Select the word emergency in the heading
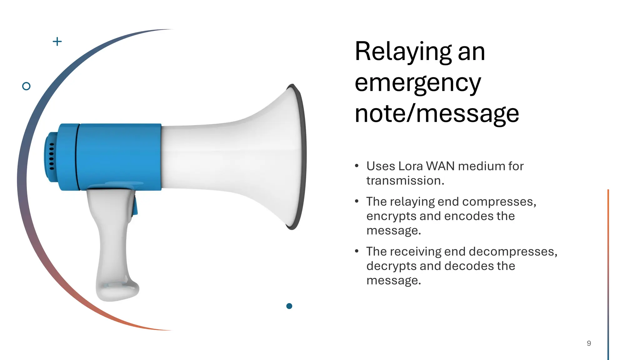(x=418, y=83)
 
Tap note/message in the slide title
(x=437, y=113)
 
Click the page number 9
(x=589, y=343)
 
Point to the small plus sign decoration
(x=57, y=41)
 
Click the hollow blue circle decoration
(x=26, y=86)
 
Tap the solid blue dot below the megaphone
(x=289, y=306)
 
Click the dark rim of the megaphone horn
(x=302, y=156)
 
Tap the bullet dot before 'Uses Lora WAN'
(x=357, y=166)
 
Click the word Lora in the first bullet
(x=410, y=166)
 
